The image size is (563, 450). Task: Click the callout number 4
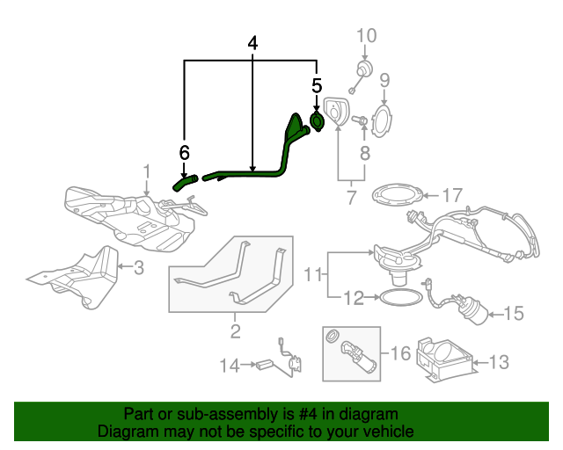[253, 43]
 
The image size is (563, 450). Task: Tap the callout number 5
[317, 85]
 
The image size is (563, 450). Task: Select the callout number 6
[185, 153]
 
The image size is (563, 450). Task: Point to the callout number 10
[366, 36]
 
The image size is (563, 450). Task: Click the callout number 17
[451, 194]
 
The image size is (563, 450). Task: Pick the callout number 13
[498, 359]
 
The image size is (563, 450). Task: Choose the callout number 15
[513, 312]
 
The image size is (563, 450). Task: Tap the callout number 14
[230, 364]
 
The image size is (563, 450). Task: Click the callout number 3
[138, 266]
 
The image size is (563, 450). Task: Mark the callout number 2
[235, 331]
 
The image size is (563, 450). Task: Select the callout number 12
[352, 298]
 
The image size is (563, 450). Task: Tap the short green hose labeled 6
[185, 183]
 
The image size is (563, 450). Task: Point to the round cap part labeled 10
[362, 70]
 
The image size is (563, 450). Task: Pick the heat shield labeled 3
[75, 277]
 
